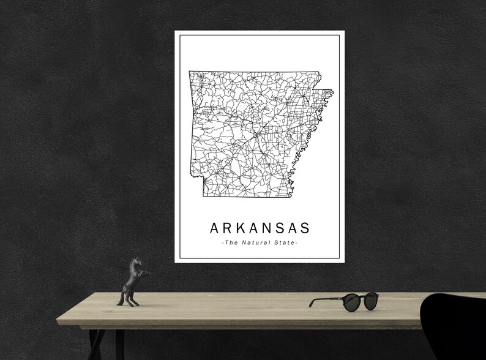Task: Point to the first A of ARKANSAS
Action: coord(214,228)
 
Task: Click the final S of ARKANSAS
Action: coord(304,228)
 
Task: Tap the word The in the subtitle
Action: coord(231,243)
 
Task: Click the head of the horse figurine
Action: coord(136,261)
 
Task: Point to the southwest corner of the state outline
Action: coord(203,197)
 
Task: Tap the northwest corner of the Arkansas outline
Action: coord(189,72)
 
